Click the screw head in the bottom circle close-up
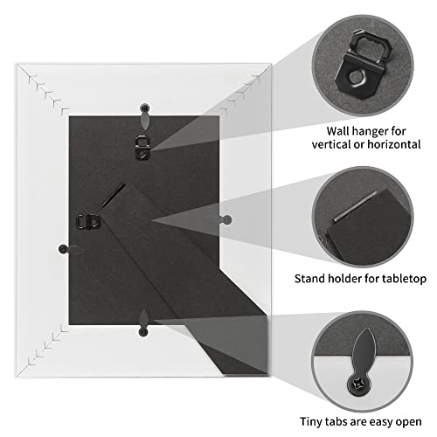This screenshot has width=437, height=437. (359, 385)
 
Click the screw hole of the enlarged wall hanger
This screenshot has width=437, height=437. (355, 78)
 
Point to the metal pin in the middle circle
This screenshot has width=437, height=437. (355, 206)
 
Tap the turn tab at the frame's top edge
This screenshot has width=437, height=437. (145, 116)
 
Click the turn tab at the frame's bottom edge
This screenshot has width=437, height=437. (143, 323)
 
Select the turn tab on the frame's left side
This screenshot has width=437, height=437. (71, 250)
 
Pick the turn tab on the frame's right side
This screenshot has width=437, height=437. (219, 219)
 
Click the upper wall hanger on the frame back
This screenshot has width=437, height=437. (142, 148)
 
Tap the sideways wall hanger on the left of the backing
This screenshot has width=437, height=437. (88, 222)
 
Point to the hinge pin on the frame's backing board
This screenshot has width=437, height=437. (113, 196)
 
